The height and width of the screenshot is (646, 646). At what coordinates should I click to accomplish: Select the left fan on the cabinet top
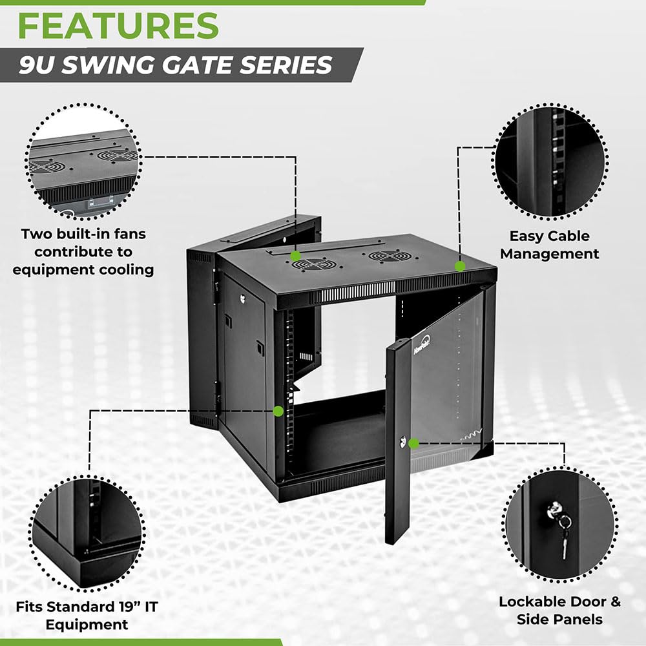(x=313, y=264)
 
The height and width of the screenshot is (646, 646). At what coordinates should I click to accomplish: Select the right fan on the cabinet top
(x=391, y=256)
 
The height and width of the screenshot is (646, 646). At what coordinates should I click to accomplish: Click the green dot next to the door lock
(x=414, y=443)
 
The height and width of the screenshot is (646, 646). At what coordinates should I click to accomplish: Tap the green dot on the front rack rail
(x=278, y=410)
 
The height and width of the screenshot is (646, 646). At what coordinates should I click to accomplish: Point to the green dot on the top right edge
(x=460, y=266)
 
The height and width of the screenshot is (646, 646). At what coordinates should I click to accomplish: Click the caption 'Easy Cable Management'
(x=549, y=245)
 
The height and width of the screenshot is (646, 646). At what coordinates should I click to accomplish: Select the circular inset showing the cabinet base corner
(x=88, y=531)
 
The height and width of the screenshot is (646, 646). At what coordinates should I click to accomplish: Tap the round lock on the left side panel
(x=243, y=298)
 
